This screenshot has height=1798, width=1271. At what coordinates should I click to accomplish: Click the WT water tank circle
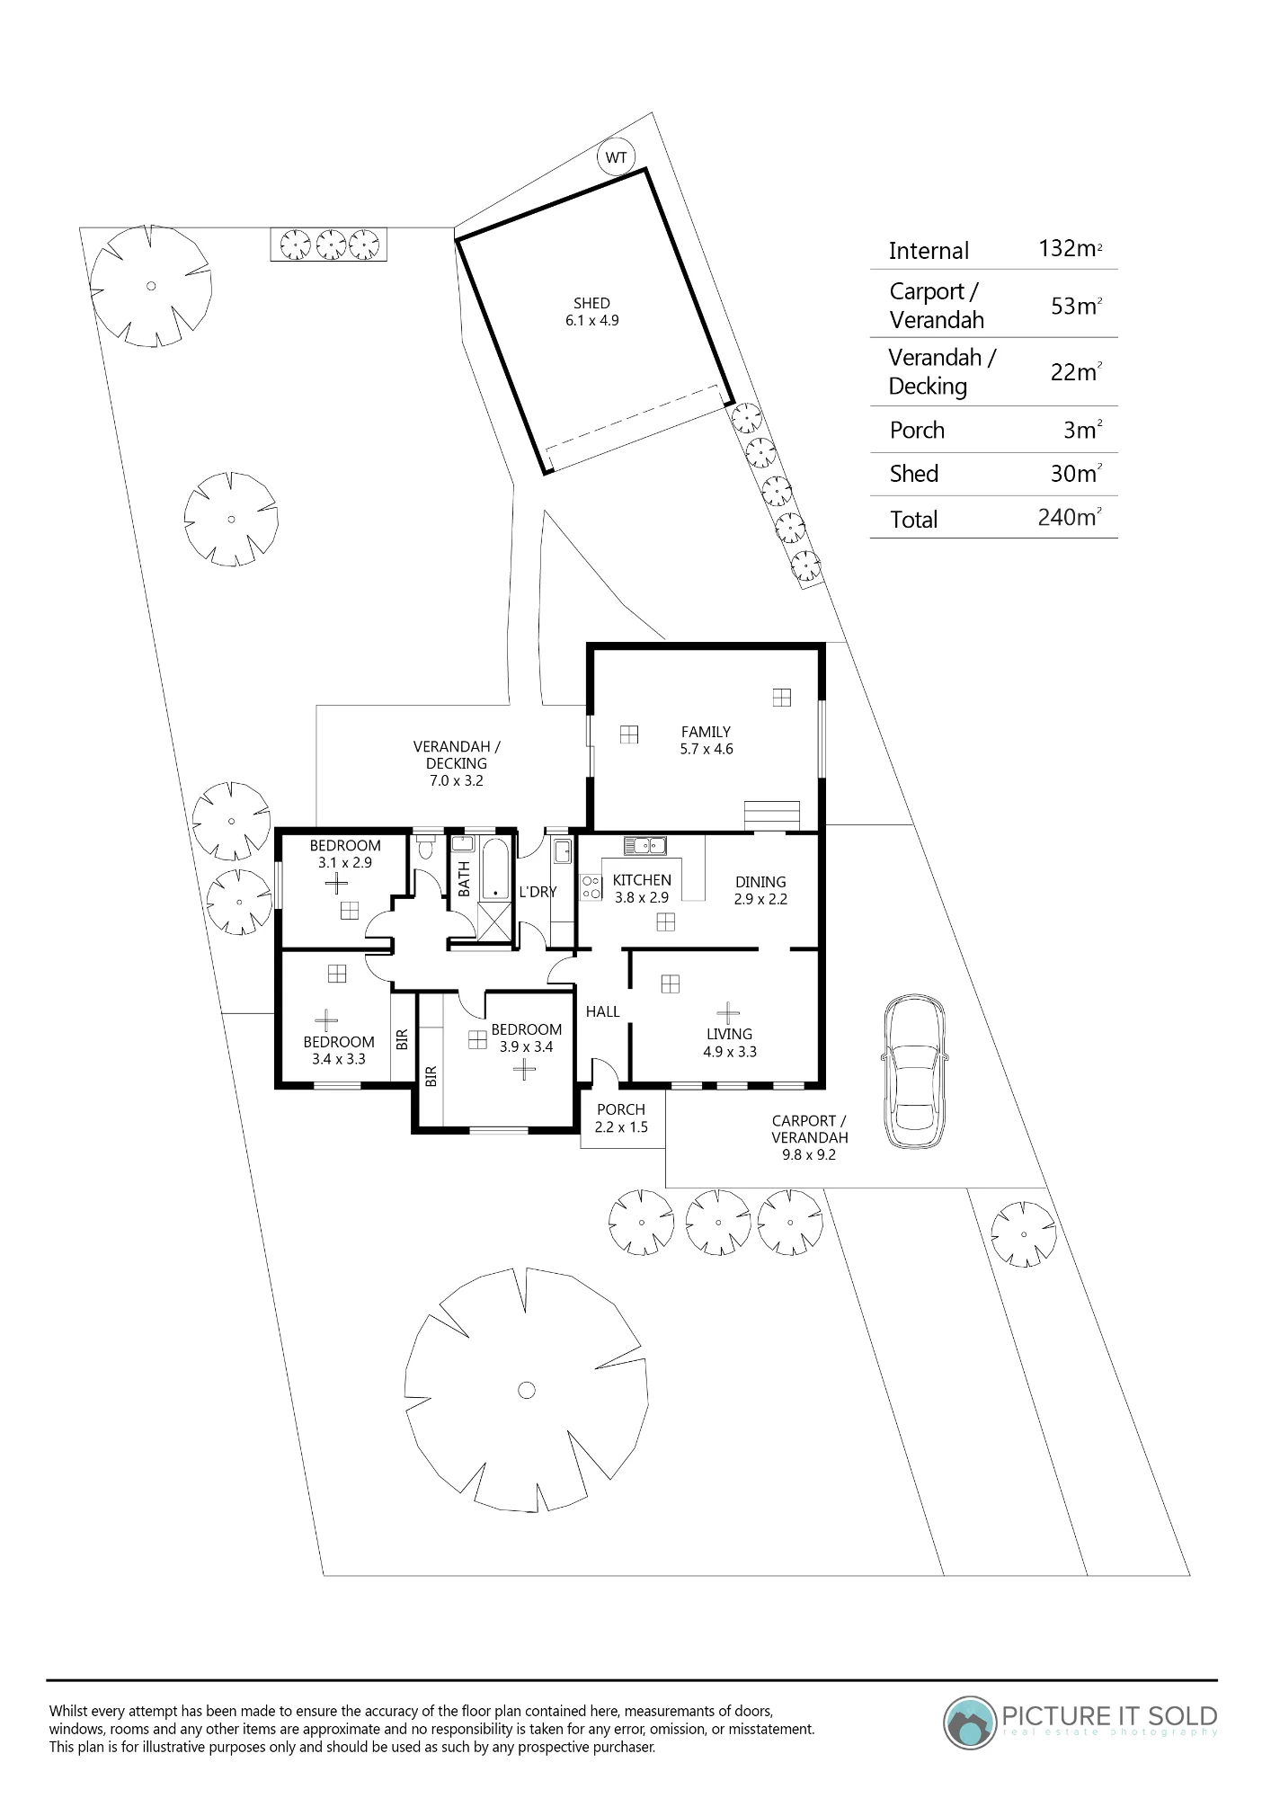click(616, 157)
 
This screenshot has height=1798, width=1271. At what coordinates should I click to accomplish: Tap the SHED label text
click(591, 304)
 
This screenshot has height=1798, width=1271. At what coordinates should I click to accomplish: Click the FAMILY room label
click(706, 732)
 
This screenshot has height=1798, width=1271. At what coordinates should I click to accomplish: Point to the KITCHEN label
click(642, 880)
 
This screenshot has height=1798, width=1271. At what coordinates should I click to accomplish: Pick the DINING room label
click(760, 882)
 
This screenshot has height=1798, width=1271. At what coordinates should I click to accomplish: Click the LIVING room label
click(729, 1034)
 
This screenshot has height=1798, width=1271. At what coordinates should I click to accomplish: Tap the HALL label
click(602, 1011)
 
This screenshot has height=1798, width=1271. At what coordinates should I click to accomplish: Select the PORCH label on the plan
click(621, 1109)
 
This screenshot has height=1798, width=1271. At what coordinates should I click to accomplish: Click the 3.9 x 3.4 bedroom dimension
click(527, 1046)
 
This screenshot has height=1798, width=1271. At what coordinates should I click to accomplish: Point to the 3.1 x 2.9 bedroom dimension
click(345, 862)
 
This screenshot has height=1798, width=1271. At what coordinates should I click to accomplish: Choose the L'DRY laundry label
click(538, 892)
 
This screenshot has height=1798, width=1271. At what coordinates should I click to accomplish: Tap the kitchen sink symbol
click(644, 845)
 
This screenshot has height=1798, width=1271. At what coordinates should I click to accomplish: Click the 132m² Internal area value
click(1071, 248)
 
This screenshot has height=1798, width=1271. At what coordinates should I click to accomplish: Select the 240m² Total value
click(1070, 517)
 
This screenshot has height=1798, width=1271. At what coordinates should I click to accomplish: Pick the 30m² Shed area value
click(1077, 473)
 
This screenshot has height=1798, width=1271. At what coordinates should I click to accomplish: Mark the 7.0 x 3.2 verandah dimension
click(457, 780)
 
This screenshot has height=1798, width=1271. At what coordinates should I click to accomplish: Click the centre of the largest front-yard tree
click(527, 1390)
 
